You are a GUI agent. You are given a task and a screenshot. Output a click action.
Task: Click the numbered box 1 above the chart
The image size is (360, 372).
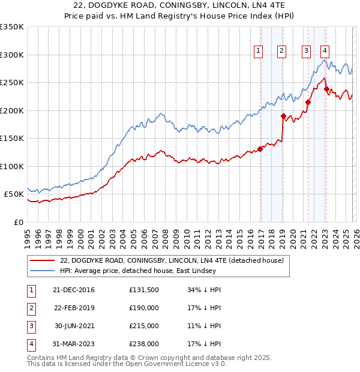coord(259,52)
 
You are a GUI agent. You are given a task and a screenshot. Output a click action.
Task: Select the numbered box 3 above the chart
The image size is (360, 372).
coord(306,52)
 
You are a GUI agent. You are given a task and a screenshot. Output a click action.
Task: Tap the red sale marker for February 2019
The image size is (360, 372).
coord(283,116)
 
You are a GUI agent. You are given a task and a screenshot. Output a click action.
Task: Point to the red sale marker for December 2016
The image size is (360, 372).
coord(260,149)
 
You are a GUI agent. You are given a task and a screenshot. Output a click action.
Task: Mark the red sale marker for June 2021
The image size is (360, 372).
coord(308,103)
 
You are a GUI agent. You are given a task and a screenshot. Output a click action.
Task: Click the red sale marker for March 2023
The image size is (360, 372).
coord(326,89)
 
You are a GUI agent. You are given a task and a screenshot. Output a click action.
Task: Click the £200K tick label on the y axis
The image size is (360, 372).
coord(12,110)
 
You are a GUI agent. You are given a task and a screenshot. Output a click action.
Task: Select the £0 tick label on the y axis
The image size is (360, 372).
coord(18,222)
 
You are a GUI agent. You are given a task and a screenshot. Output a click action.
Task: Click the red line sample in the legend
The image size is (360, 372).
coord(42,260)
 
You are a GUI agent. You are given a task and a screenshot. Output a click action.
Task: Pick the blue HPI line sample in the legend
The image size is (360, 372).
coord(42,271)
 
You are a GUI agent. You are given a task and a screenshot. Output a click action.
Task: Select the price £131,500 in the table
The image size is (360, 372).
coord(143,290)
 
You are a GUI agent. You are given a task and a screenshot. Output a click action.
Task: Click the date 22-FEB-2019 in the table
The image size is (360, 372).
coord(74,308)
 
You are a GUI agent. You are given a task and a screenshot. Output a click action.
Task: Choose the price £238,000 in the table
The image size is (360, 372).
coord(143,344)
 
